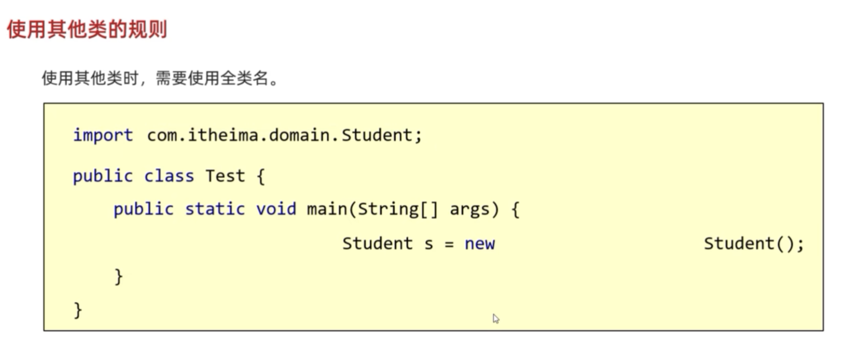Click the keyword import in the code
[103, 135]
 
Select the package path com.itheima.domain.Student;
[284, 135]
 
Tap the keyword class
[169, 176]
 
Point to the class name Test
[225, 176]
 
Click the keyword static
[214, 209]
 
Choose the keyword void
[276, 209]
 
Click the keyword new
[480, 244]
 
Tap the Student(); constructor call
[753, 244]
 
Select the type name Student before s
[377, 244]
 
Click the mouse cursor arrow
[496, 319]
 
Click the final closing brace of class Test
[78, 310]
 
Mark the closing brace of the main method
[118, 276]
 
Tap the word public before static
[143, 209]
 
